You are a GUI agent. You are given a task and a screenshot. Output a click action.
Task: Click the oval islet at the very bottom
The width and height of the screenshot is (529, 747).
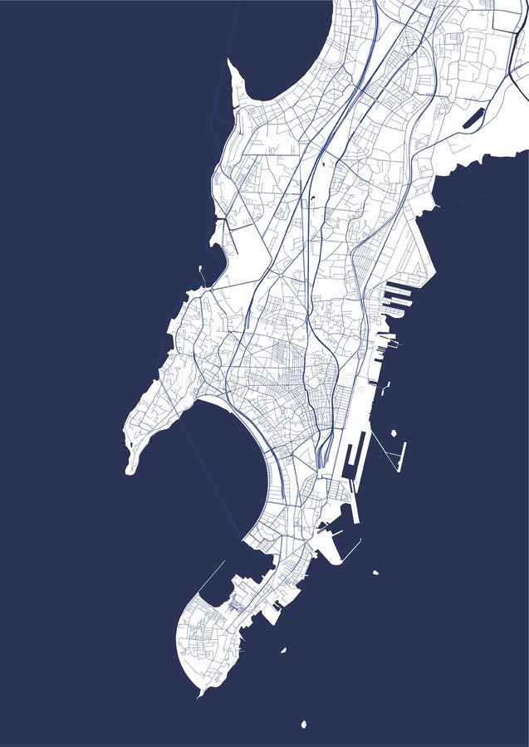click(303, 725)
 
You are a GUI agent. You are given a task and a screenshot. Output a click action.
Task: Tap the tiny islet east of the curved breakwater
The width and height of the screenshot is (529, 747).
click(375, 573)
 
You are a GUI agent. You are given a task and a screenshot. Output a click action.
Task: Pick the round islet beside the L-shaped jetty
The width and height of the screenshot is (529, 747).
click(394, 432)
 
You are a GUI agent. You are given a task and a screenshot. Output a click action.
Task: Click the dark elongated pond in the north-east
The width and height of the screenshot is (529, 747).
click(473, 119)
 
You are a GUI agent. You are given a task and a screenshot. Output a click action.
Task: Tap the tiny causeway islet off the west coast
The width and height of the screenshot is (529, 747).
click(202, 270)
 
